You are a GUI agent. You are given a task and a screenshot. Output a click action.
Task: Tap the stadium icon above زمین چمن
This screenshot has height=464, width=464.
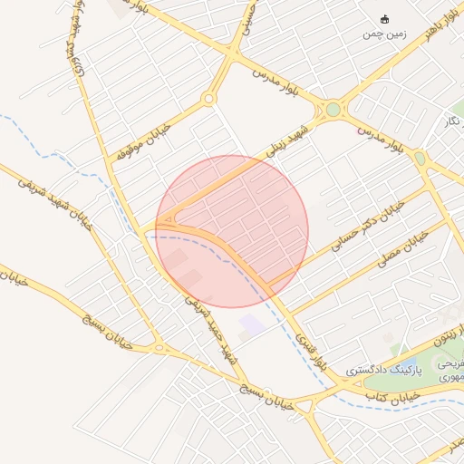pos(385,19)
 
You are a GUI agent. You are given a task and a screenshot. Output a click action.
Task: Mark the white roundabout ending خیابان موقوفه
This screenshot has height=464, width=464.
pos(209,99)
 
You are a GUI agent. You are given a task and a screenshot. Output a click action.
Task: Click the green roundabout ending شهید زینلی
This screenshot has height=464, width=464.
pos(333,110)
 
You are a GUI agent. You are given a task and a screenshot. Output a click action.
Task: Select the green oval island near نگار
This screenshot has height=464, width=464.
pos(420,159)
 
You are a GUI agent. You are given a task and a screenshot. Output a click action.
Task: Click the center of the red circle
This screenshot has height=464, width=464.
pos(232,231)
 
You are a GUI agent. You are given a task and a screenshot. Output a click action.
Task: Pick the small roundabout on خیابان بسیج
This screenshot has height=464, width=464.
pos(159,347)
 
